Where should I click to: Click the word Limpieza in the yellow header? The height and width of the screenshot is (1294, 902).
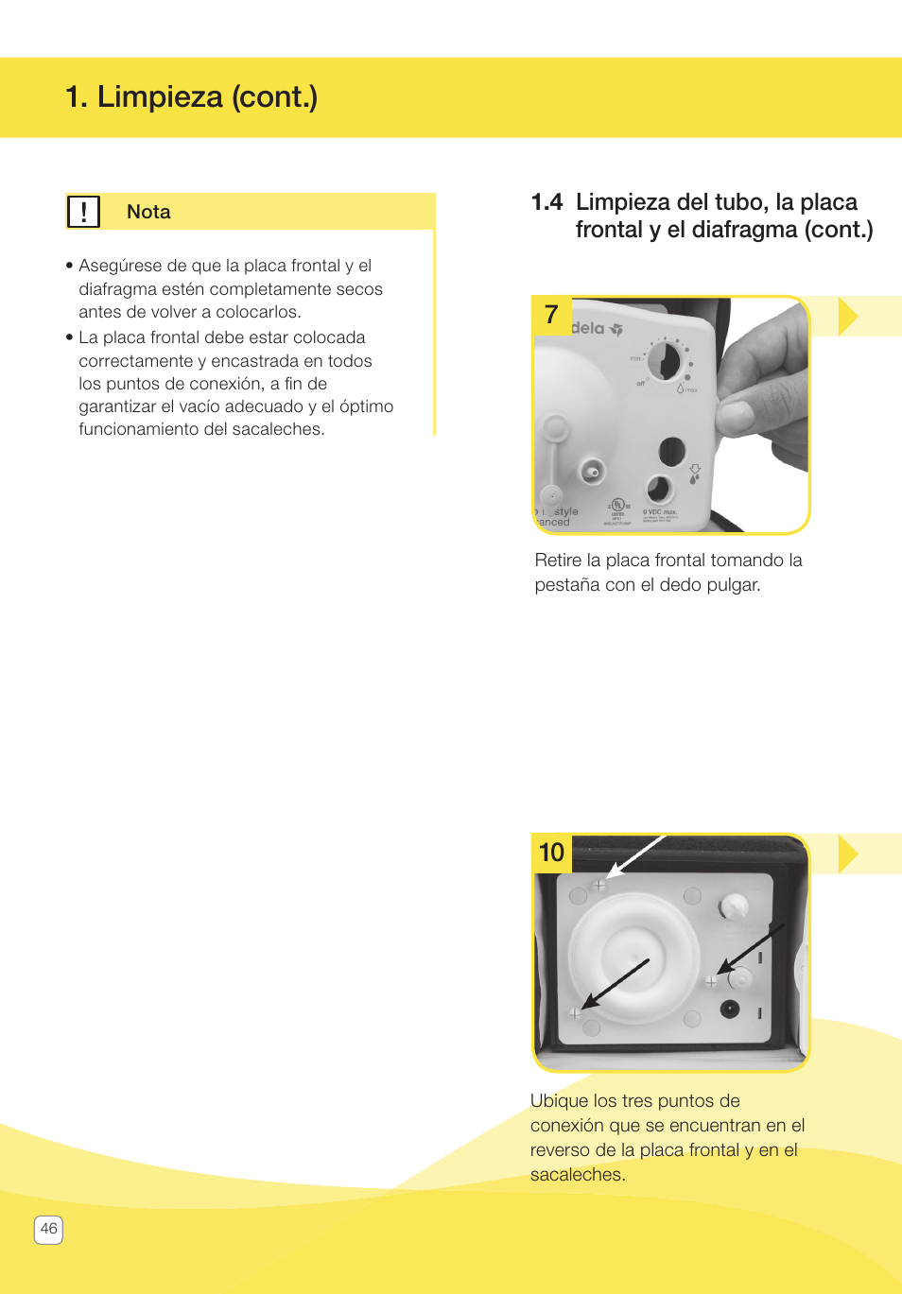160,96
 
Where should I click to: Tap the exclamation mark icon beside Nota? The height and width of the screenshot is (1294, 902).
83,212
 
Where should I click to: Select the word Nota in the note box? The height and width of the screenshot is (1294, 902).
148,212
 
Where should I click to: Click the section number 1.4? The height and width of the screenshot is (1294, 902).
546,202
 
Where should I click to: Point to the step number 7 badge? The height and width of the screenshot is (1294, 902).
551,315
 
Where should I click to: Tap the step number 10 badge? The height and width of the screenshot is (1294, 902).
551,853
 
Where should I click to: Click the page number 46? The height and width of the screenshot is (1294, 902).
49,1229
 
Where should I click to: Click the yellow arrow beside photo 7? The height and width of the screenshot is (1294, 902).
848,316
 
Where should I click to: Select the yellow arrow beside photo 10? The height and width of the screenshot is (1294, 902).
848,854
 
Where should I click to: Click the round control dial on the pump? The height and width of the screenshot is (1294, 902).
664,361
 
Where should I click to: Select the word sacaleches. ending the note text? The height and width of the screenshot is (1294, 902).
280,429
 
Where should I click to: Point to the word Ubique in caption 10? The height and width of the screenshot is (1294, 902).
559,1101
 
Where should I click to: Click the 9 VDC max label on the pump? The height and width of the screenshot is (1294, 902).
660,512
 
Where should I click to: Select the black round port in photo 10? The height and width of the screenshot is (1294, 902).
729,1009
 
